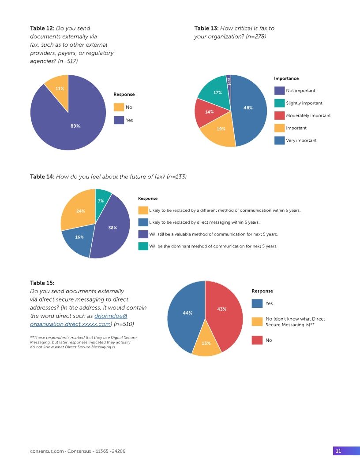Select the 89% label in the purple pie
pyautogui.click(x=75, y=126)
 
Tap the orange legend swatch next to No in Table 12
pyautogui.click(x=119, y=107)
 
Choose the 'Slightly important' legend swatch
pyautogui.click(x=279, y=103)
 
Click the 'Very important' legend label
pyautogui.click(x=301, y=140)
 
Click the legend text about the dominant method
pyautogui.click(x=213, y=246)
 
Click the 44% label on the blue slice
pyautogui.click(x=187, y=313)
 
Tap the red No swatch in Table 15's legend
pyautogui.click(x=257, y=340)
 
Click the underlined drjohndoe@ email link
pyautogui.click(x=111, y=316)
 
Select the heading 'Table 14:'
pyautogui.click(x=42, y=177)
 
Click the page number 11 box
pyautogui.click(x=338, y=451)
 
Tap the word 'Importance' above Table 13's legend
pyautogui.click(x=286, y=78)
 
